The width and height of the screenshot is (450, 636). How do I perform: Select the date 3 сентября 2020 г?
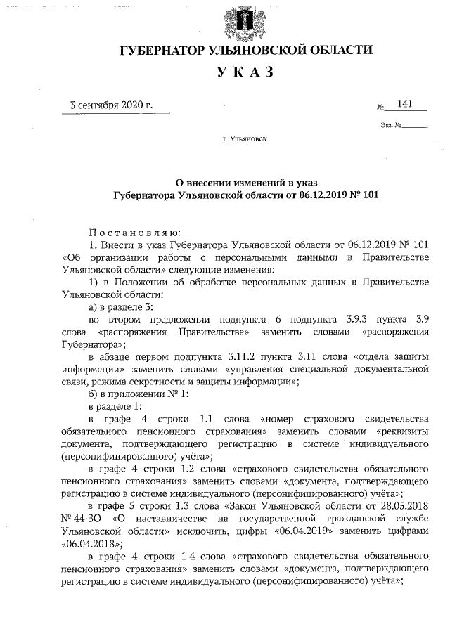[110, 106]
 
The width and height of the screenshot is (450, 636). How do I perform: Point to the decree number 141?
[405, 104]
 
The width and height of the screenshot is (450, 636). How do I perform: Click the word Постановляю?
[134, 232]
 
